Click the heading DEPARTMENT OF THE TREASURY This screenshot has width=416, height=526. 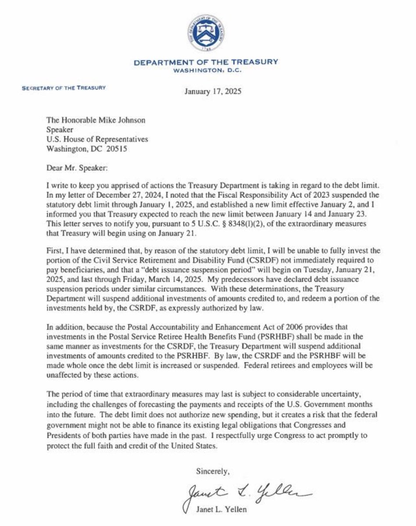(x=206, y=63)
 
